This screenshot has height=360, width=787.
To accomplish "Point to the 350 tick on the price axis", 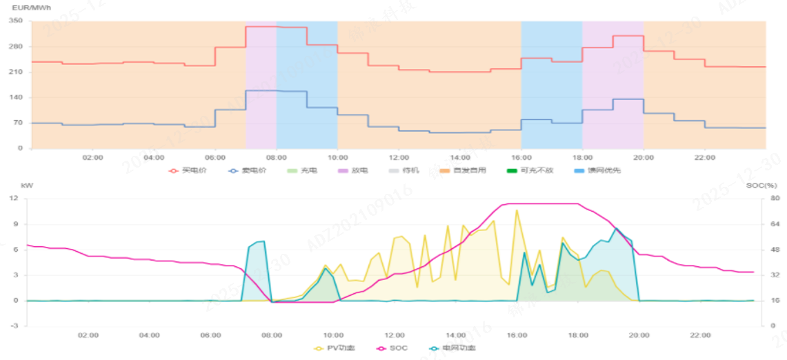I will click(17, 21).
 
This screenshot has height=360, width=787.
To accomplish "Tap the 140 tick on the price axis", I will click(17, 97).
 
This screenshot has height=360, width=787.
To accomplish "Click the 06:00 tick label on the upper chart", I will click(215, 157).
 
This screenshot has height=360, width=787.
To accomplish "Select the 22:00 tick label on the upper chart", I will click(705, 157).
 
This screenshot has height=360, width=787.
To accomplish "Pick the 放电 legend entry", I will click(352, 170).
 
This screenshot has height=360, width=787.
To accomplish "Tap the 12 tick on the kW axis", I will click(13, 199).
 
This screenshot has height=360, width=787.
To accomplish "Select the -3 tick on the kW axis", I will click(13, 326).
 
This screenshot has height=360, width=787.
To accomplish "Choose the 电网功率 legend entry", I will click(452, 348).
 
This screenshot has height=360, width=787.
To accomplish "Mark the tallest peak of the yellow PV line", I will click(516, 210).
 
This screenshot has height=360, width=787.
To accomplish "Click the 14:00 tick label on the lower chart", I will click(455, 335).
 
